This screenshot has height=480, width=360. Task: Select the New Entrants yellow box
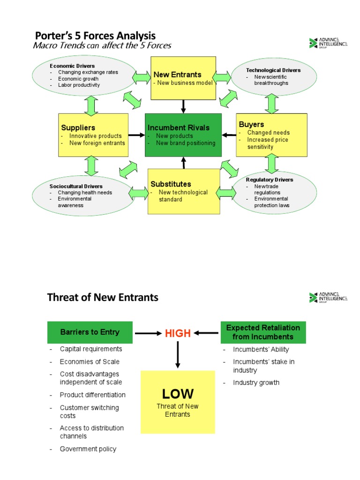tap(183, 78)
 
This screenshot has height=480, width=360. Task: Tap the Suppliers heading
tap(78, 127)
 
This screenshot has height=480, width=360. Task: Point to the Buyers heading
tap(251, 124)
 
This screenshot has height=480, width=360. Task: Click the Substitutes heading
tap(171, 184)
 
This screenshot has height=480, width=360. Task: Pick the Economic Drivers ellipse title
tap(72, 66)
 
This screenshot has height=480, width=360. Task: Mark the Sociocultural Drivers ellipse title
tap(76, 186)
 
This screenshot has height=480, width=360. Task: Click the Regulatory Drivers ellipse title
tap(270, 180)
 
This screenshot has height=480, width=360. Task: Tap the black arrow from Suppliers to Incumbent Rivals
tap(136, 135)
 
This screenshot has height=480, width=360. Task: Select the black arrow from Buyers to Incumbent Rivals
tap(229, 135)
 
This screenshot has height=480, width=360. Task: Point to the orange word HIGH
tap(178, 333)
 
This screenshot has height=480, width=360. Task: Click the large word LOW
tap(178, 393)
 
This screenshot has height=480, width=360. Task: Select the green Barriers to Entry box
tap(90, 332)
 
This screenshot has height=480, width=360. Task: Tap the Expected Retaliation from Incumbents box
tap(263, 332)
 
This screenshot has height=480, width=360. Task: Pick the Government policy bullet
tap(88, 449)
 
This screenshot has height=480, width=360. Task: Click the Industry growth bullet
tap(256, 382)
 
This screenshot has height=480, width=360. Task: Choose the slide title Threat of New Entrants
tap(103, 297)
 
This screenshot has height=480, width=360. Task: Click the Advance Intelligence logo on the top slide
tap(328, 43)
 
